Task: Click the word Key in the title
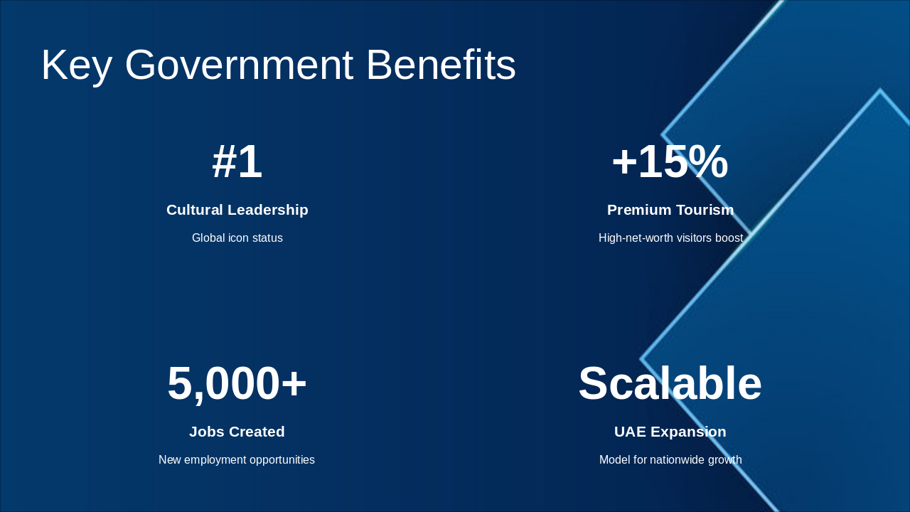coord(76,65)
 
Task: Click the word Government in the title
coord(239,65)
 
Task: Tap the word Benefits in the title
coord(441,65)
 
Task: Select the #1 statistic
coord(237,162)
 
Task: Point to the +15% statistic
coord(670,162)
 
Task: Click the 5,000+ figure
coord(237,384)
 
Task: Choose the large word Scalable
coord(670,384)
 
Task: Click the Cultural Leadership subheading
coord(237,210)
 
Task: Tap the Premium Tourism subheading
coord(670,210)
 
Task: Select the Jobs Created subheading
coord(237,432)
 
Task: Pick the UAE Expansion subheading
coord(670,432)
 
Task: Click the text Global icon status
coord(237,238)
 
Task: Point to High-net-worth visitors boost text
coord(670,238)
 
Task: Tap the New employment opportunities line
coord(237,460)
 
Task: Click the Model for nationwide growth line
coord(670,460)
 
